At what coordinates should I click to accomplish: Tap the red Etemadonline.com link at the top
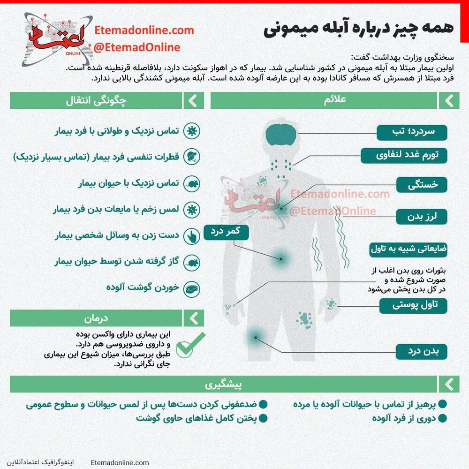pyautogui.click(x=144, y=30)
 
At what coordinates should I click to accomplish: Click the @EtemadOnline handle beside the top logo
pyautogui.click(x=137, y=47)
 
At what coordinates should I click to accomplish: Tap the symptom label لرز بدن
pyautogui.click(x=422, y=217)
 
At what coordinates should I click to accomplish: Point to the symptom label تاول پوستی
pyautogui.click(x=413, y=306)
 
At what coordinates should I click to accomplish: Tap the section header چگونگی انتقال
pyautogui.click(x=96, y=100)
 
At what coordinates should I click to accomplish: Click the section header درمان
pyautogui.click(x=96, y=318)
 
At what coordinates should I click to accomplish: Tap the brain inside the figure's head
pyautogui.click(x=281, y=134)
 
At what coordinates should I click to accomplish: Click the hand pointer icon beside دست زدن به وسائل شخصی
pyautogui.click(x=191, y=236)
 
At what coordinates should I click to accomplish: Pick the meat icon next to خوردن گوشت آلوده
pyautogui.click(x=191, y=287)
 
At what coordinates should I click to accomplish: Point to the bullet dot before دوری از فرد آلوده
pyautogui.click(x=442, y=418)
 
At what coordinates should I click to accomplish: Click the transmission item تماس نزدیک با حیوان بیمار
pyautogui.click(x=129, y=183)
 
